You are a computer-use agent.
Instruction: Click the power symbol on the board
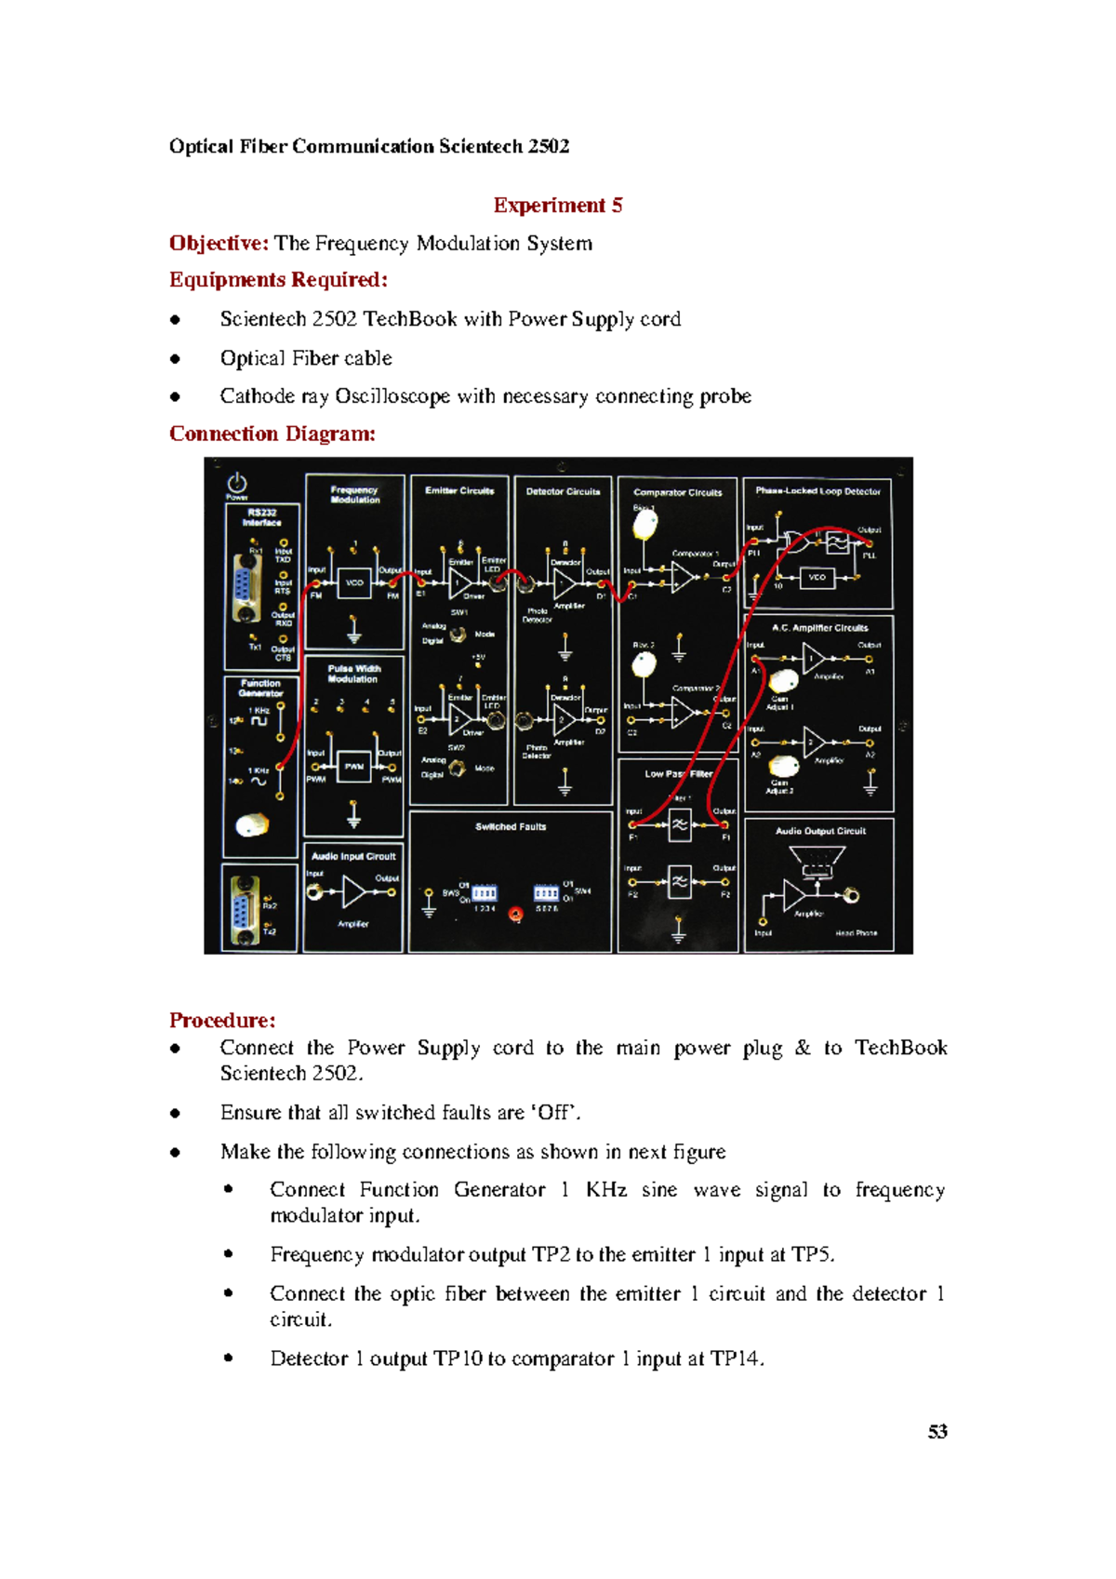[237, 482]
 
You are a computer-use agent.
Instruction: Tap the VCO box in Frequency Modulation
[354, 583]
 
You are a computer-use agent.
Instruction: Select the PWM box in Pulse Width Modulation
[354, 767]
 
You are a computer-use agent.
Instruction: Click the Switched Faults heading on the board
[511, 826]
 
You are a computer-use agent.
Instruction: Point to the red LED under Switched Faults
[515, 915]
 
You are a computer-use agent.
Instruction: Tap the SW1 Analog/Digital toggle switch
[458, 635]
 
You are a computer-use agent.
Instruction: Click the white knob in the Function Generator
[252, 823]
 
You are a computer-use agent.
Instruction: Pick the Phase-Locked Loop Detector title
[817, 491]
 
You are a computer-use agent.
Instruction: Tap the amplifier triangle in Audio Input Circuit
[354, 892]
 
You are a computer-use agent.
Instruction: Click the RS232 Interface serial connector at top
[245, 588]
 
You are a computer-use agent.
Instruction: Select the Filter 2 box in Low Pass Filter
[680, 881]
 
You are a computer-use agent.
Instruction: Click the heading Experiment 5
[558, 205]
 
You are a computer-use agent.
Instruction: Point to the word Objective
[219, 243]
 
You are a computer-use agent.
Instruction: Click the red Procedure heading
[222, 1020]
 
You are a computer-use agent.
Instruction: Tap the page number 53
[937, 1431]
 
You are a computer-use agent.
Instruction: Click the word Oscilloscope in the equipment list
[392, 396]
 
